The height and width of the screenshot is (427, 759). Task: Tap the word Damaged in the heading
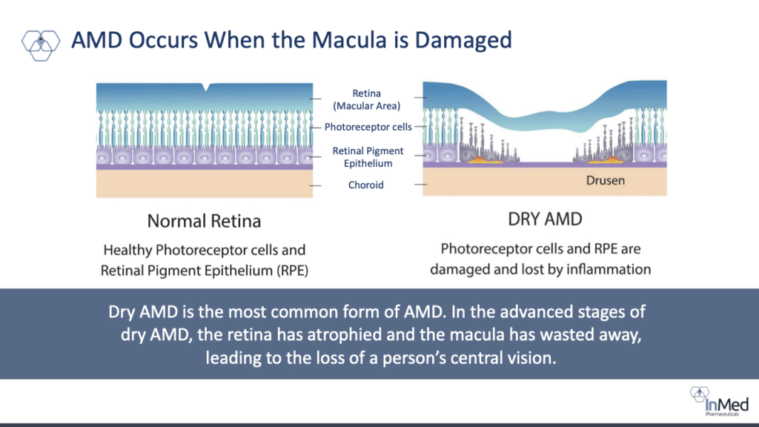[x=463, y=41]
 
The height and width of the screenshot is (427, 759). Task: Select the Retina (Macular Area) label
[x=366, y=100]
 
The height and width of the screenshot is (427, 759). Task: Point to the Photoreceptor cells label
[x=368, y=127]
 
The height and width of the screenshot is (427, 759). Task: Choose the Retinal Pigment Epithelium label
[x=368, y=157]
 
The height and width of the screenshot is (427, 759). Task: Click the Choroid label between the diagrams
[x=366, y=185]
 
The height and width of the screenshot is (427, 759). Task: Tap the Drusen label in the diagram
[x=605, y=181]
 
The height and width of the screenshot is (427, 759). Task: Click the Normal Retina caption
[x=205, y=221]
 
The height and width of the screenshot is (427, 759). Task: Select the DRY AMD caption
[x=545, y=219]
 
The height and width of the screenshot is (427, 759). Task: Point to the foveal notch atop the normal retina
[x=207, y=87]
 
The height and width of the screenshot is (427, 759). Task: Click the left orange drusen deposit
[x=485, y=159]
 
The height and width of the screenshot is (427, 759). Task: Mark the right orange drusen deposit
[x=605, y=159]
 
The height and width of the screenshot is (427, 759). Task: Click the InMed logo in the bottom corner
[x=719, y=401]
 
